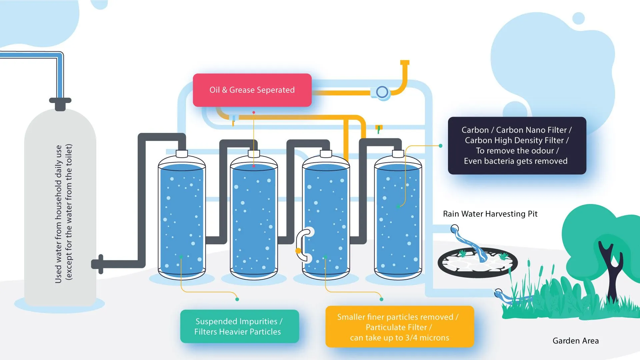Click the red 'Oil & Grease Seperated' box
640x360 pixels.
click(x=252, y=90)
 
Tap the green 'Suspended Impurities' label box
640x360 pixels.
click(x=239, y=326)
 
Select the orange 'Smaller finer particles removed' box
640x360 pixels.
click(x=399, y=327)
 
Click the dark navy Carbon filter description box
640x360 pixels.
click(x=517, y=145)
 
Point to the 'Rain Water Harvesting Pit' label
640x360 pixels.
click(x=490, y=214)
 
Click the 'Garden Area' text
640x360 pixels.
click(x=575, y=341)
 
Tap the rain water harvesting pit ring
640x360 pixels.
click(x=477, y=263)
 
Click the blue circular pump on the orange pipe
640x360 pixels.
click(x=382, y=92)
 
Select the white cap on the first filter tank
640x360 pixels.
click(x=182, y=154)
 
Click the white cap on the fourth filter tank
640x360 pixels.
click(x=398, y=154)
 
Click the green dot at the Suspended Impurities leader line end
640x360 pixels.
click(x=237, y=299)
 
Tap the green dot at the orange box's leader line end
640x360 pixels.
click(x=381, y=299)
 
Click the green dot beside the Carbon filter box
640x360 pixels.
click(x=441, y=146)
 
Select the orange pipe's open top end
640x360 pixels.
click(x=405, y=62)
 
